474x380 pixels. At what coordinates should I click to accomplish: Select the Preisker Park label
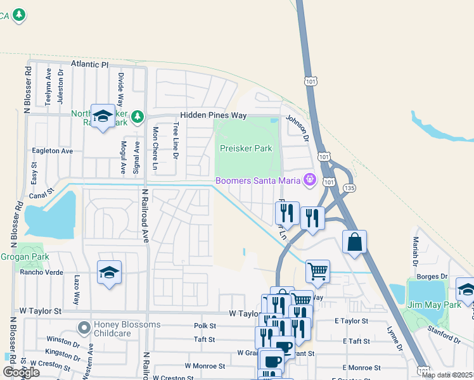pos(246,148)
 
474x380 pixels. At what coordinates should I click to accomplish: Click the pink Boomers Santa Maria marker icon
pos(309,180)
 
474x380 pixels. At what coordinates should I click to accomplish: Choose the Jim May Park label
pos(434,305)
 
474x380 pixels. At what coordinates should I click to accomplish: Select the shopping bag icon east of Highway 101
pos(354,242)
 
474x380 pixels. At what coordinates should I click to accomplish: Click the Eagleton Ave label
pos(53,151)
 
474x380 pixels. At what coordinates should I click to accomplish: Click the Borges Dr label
pos(433,277)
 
